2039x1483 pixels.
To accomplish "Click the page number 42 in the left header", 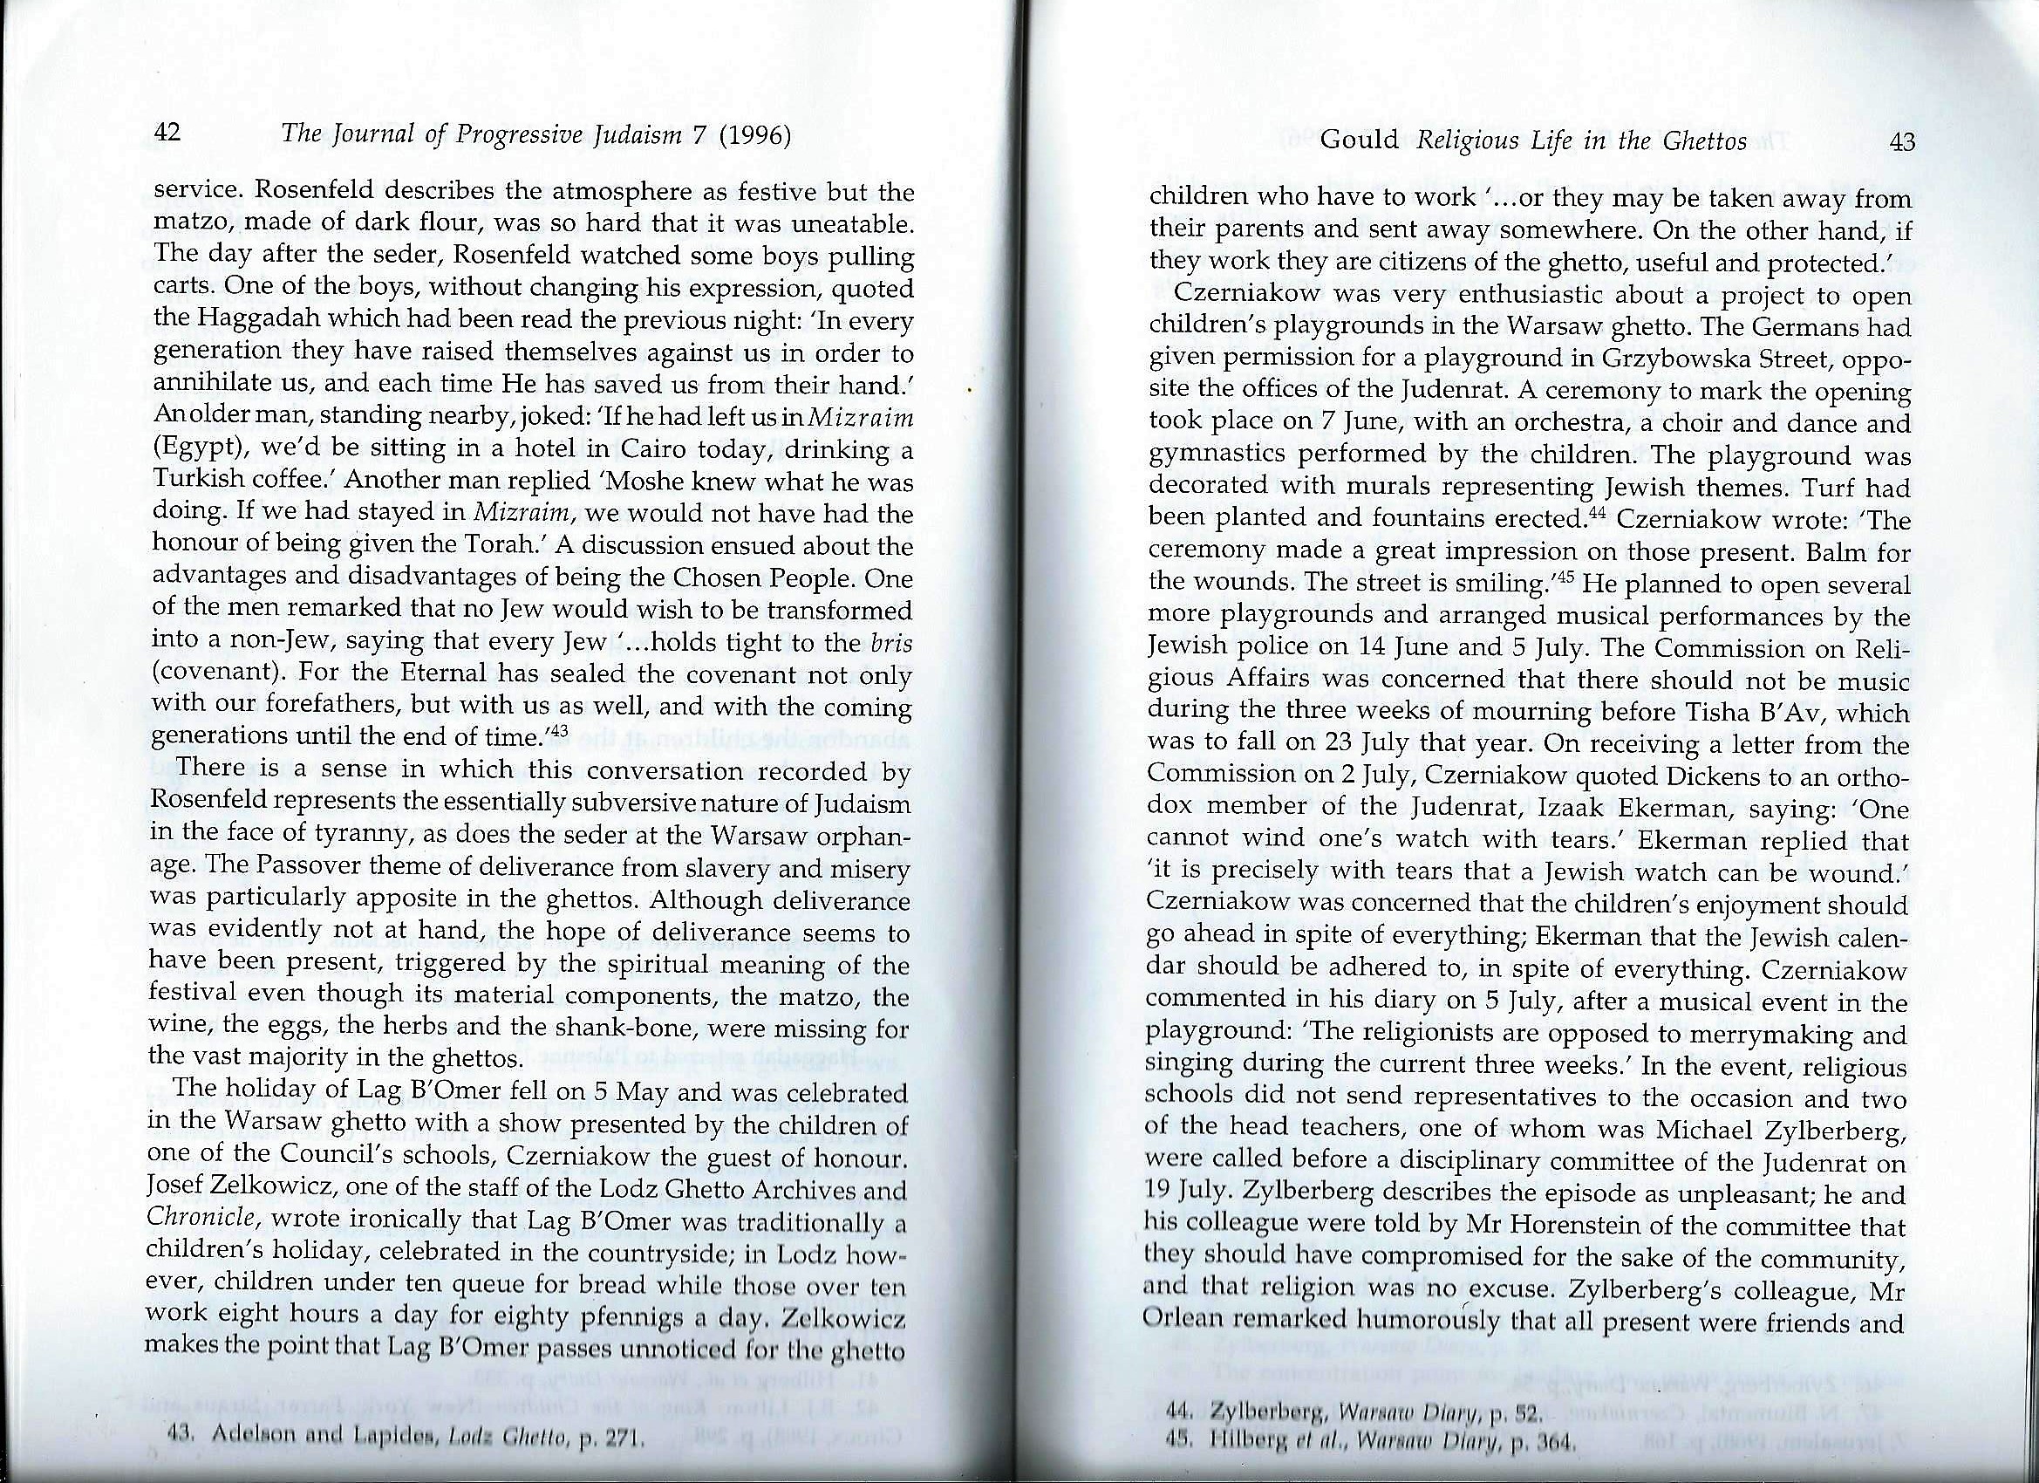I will tap(169, 134).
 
